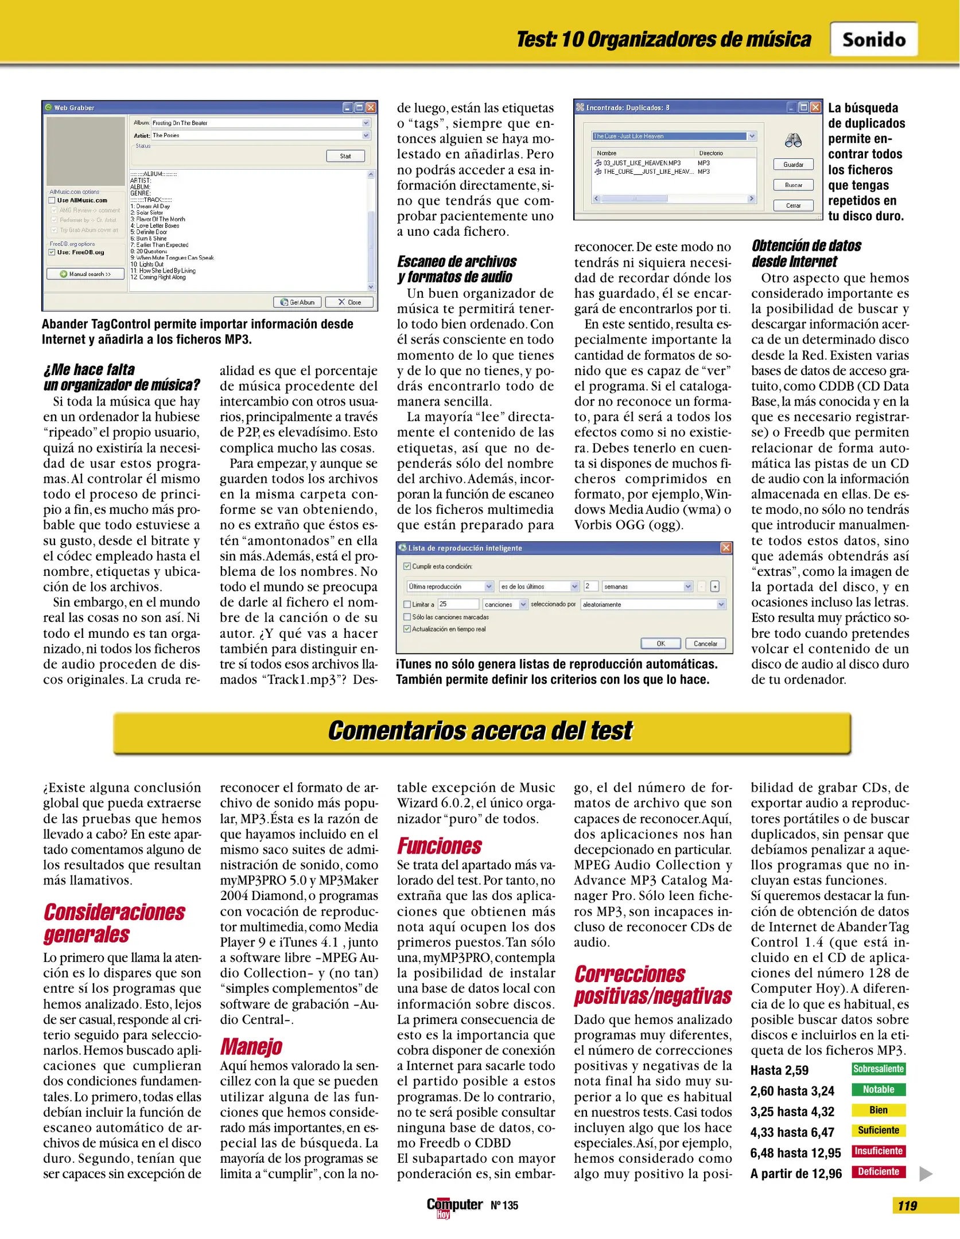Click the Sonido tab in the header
click(x=873, y=40)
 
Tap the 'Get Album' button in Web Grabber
click(x=297, y=302)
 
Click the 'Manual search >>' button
click(x=85, y=274)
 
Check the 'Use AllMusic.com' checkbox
click(x=52, y=200)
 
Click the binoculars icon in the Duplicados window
click(x=793, y=141)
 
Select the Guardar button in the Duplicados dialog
click(x=793, y=165)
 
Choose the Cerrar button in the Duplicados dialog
click(x=793, y=205)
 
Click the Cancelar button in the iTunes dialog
click(x=705, y=644)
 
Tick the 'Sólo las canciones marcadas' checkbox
click(x=407, y=617)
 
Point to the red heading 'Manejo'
click(x=251, y=1046)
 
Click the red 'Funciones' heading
click(x=440, y=846)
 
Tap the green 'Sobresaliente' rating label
click(x=878, y=1069)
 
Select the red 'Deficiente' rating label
click(x=878, y=1172)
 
